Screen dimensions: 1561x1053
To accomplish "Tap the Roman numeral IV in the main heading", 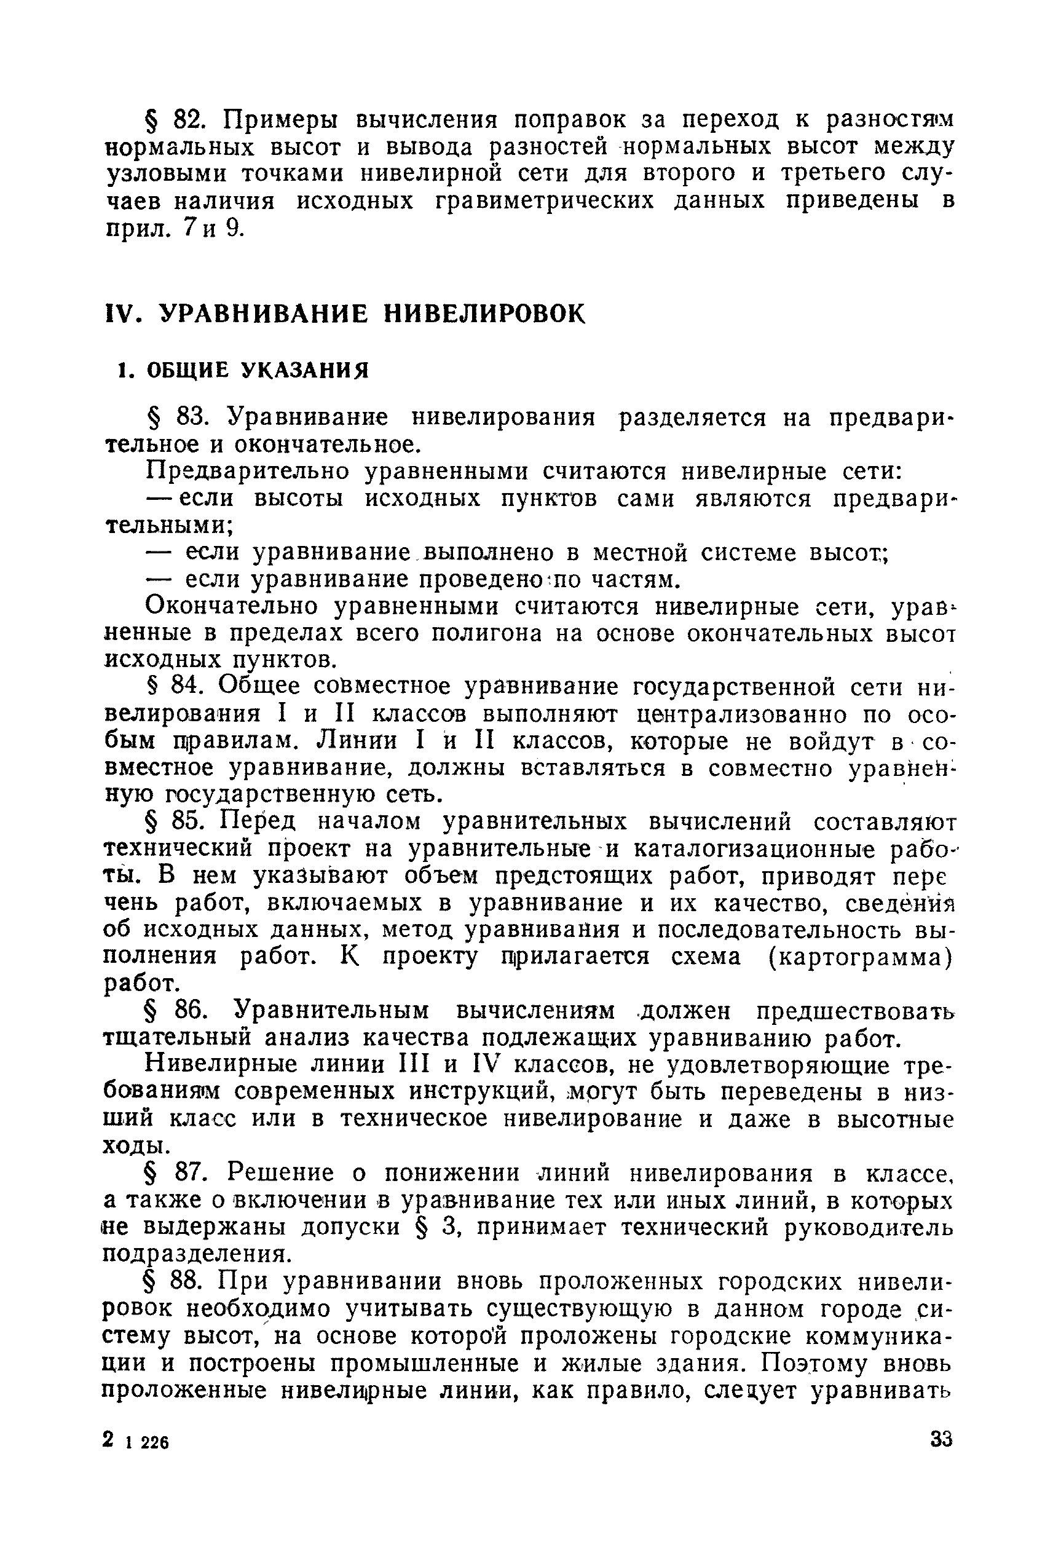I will (x=124, y=314).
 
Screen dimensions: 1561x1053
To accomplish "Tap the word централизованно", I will (x=741, y=714).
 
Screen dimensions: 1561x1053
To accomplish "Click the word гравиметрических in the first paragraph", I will (x=544, y=201).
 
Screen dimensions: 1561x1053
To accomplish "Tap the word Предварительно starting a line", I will (x=248, y=472).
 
